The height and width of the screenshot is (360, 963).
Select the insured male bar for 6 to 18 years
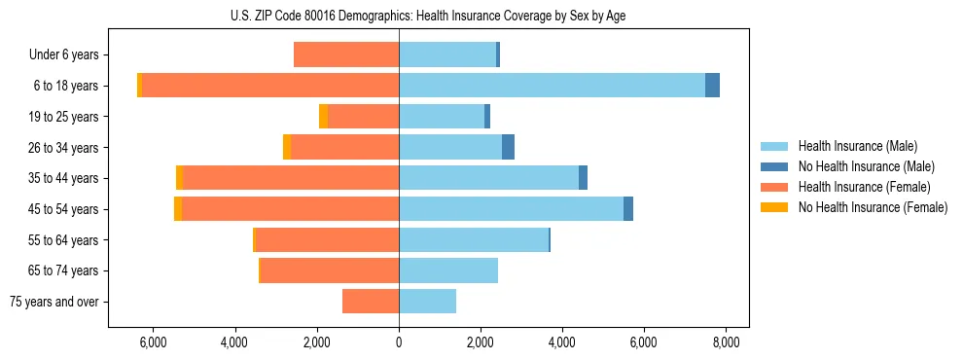coord(552,86)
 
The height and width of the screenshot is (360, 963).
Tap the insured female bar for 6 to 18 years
coord(270,86)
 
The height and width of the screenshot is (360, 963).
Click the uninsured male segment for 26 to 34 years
coord(508,147)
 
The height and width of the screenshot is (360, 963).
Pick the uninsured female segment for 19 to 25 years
coord(323,117)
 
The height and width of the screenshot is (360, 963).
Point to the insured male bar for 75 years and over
coord(427,302)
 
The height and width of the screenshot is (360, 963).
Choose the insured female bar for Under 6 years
coord(346,55)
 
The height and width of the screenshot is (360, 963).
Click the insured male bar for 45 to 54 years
coord(511,209)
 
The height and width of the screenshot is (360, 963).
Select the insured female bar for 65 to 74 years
coord(330,270)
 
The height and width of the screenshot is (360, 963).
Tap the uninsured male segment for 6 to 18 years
coord(712,86)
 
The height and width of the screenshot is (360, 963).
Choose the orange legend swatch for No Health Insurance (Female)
coord(775,207)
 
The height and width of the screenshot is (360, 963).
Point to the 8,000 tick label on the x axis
coord(726,342)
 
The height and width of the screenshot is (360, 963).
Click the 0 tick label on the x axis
coord(399,342)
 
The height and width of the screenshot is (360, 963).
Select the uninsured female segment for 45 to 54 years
coord(178,209)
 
